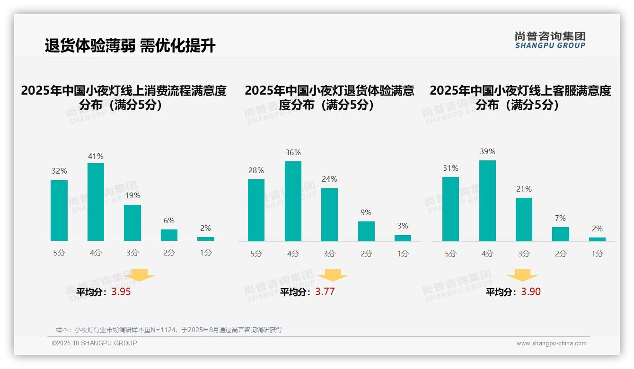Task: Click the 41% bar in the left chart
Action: click(96, 202)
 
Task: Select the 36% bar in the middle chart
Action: click(293, 201)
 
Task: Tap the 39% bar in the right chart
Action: click(487, 201)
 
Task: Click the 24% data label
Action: click(329, 179)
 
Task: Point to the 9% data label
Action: click(366, 213)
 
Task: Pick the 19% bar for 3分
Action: click(132, 223)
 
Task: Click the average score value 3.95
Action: click(121, 292)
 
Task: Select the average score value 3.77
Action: click(325, 292)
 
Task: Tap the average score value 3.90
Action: click(531, 292)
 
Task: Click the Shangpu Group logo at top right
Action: click(550, 40)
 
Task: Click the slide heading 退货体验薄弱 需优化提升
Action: click(130, 46)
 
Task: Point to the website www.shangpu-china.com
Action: click(551, 343)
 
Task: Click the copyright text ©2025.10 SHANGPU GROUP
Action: click(95, 343)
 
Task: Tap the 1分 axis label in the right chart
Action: click(597, 254)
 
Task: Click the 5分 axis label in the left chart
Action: click(59, 253)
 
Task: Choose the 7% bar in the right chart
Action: click(561, 234)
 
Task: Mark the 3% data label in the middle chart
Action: click(403, 226)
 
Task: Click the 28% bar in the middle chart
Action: click(256, 210)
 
